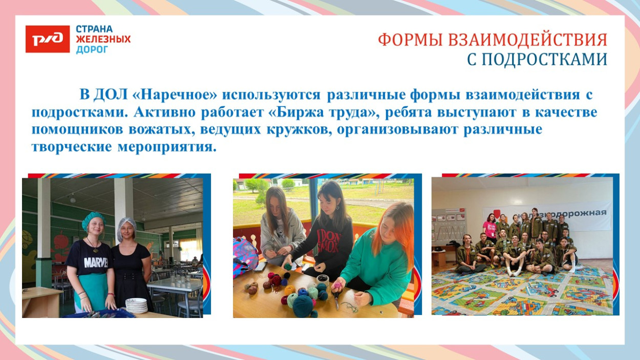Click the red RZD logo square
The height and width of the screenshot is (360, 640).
click(x=48, y=39)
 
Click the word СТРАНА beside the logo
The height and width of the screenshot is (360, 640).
click(x=94, y=29)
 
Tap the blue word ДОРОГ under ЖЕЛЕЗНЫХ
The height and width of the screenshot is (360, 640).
click(x=92, y=50)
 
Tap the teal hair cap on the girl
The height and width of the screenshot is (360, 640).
click(x=93, y=220)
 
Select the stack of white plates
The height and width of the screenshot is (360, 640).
click(x=136, y=306)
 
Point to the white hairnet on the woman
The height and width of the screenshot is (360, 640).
click(x=126, y=226)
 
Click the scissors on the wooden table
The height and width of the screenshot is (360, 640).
click(x=337, y=302)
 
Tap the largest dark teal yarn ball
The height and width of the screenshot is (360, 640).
click(x=303, y=305)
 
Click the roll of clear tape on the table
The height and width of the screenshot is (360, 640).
click(x=323, y=279)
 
